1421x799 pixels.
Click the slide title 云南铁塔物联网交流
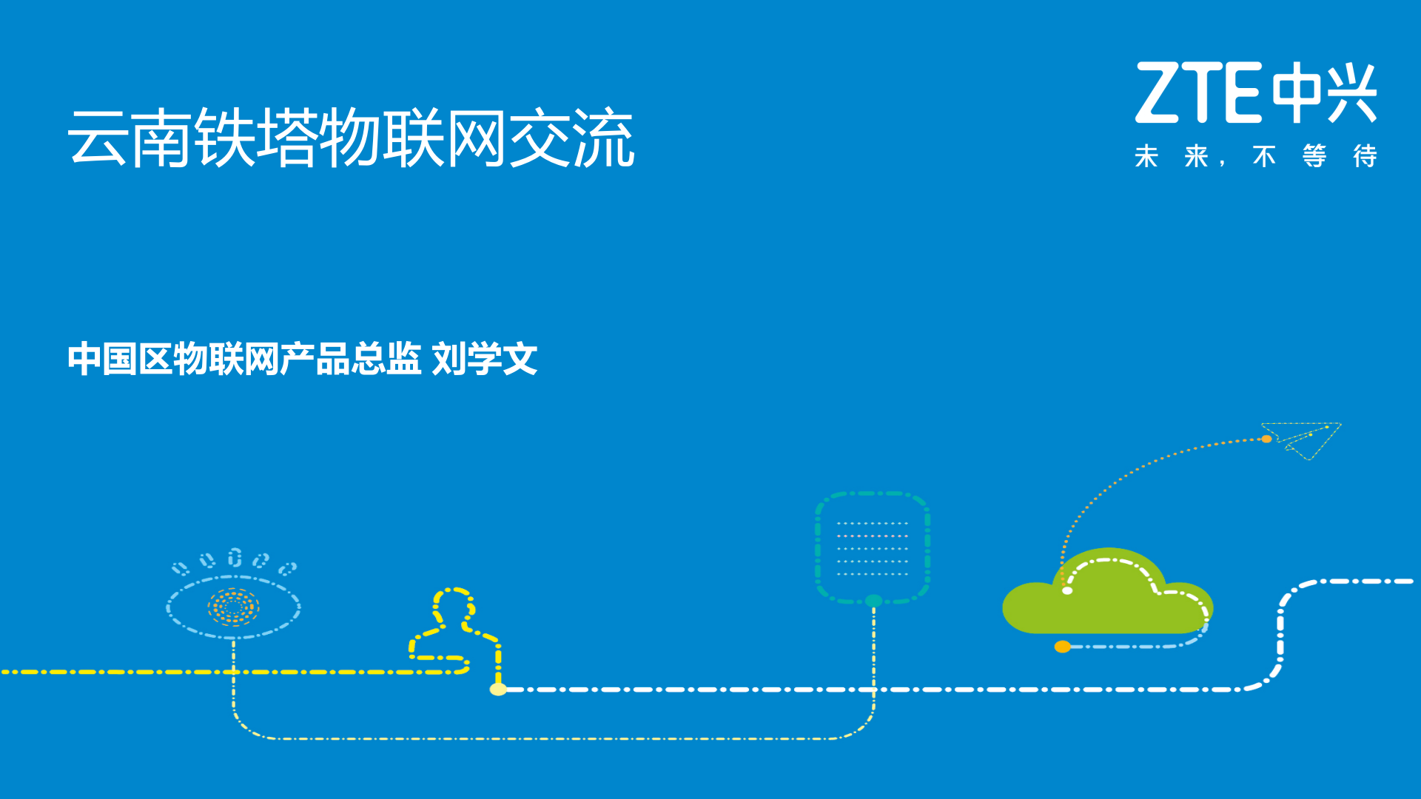351,138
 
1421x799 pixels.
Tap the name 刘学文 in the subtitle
485,360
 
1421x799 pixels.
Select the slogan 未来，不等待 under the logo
1255,156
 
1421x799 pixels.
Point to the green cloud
1106,599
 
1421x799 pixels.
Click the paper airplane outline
1306,438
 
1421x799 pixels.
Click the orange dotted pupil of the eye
233,607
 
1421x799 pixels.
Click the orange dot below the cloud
1063,647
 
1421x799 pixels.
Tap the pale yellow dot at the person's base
498,690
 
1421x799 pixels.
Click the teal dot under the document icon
873,601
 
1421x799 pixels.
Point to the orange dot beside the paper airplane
1266,439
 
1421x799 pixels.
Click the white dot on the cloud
1067,590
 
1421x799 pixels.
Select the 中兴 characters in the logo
1323,92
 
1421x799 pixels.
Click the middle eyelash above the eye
235,557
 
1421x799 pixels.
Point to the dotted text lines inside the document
872,548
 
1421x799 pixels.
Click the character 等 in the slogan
1314,156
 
